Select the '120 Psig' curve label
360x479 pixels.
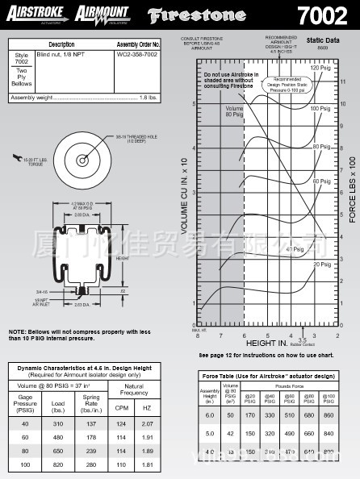tap(320, 69)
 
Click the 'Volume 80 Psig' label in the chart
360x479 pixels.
tap(234, 112)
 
